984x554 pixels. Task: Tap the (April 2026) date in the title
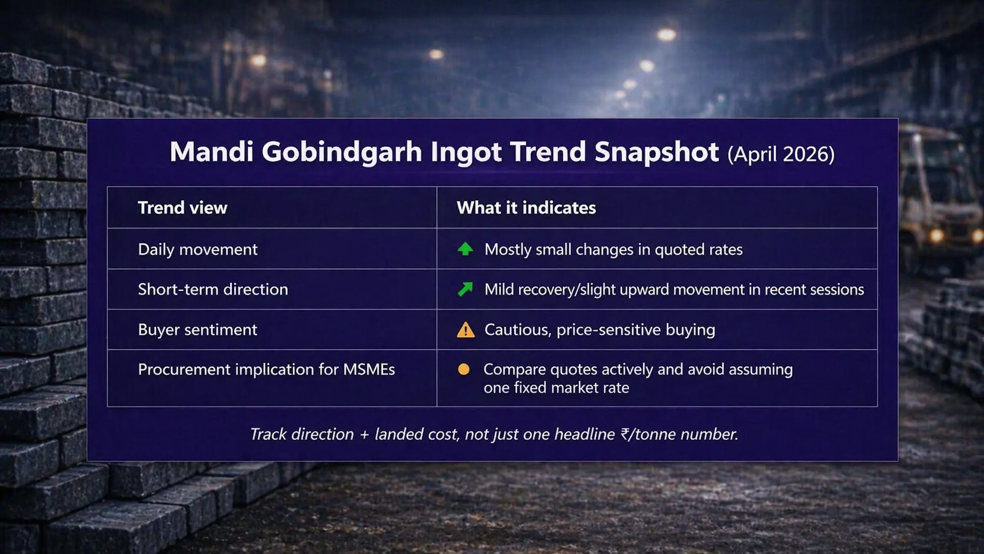point(781,154)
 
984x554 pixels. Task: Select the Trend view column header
point(182,208)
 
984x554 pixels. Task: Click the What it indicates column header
point(526,208)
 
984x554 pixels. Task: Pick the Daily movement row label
point(198,250)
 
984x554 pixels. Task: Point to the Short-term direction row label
point(213,290)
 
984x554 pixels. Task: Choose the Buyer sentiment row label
point(198,330)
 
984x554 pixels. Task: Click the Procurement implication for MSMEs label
point(267,370)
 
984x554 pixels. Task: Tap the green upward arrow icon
point(465,249)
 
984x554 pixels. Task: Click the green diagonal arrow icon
point(465,289)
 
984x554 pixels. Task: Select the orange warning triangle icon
point(466,330)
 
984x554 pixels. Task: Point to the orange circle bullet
point(463,369)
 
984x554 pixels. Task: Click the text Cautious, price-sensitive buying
point(600,330)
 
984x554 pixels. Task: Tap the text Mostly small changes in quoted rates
point(613,250)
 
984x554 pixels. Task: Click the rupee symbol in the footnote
point(625,434)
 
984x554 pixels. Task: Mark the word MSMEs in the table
point(369,370)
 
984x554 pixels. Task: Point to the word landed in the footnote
point(399,434)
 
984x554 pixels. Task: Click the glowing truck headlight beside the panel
point(936,236)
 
